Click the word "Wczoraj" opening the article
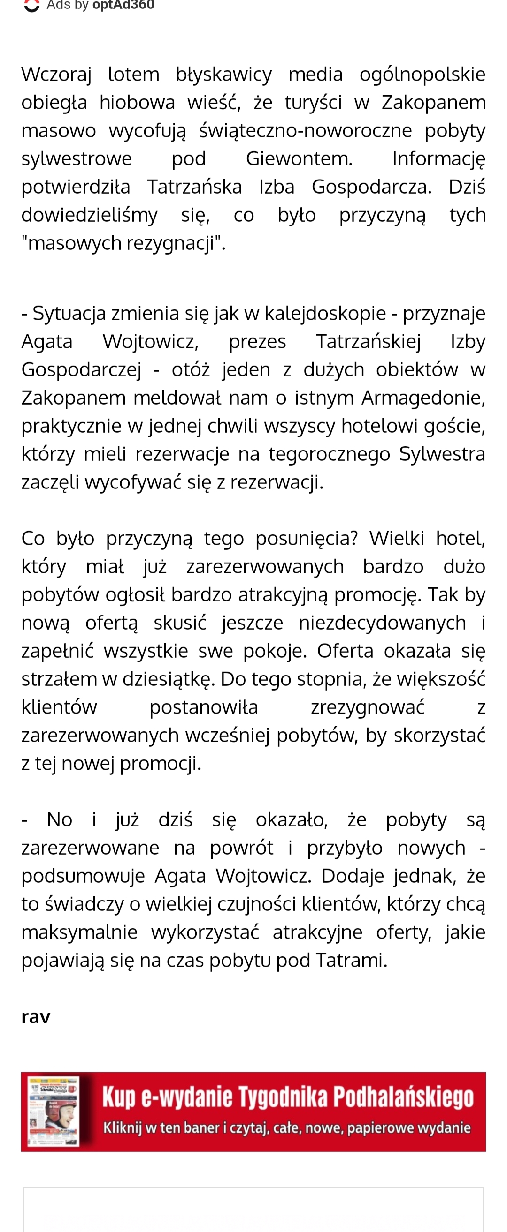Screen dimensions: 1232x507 (56, 75)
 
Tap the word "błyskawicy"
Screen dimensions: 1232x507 (223, 75)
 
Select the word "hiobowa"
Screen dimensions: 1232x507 (137, 103)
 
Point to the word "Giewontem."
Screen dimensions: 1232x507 (299, 159)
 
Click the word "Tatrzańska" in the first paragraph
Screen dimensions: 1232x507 (194, 187)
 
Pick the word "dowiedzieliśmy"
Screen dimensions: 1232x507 (89, 215)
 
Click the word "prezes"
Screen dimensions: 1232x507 (257, 342)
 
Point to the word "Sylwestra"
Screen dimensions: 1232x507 (442, 454)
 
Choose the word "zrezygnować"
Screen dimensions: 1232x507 (367, 707)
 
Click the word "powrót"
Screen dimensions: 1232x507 (241, 848)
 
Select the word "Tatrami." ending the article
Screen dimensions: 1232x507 (355, 961)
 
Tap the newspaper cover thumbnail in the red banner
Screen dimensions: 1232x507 (53, 1112)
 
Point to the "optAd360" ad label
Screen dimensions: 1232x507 (123, 5)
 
